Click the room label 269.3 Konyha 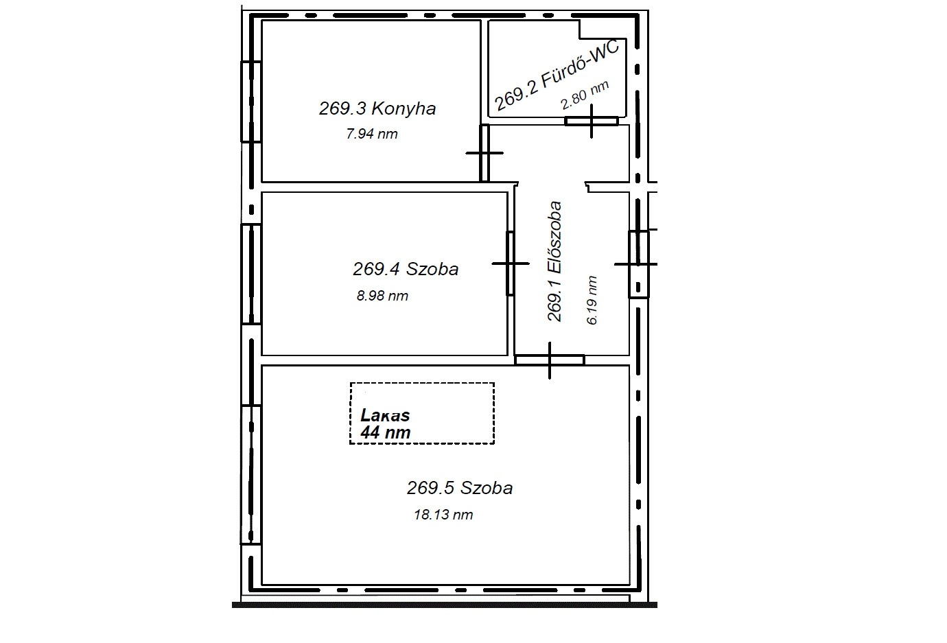coord(377,108)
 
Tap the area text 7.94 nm coord(372,134)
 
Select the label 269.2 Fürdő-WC coord(557,75)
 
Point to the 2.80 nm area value coord(585,95)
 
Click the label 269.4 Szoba coord(406,269)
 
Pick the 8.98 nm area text coord(382,296)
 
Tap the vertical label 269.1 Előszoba coord(554,261)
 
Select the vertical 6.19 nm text coord(592,300)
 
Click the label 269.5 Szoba coord(460,489)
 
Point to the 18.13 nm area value coord(443,515)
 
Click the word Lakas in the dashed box coord(385,415)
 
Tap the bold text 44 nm coord(385,432)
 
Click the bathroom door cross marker coord(592,121)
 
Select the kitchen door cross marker coord(484,152)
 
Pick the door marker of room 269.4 coord(511,264)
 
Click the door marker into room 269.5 coord(550,360)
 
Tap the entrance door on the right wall coord(638,264)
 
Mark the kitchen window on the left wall coord(250,102)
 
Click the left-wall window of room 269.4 coord(250,274)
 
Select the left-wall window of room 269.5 coord(250,474)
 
